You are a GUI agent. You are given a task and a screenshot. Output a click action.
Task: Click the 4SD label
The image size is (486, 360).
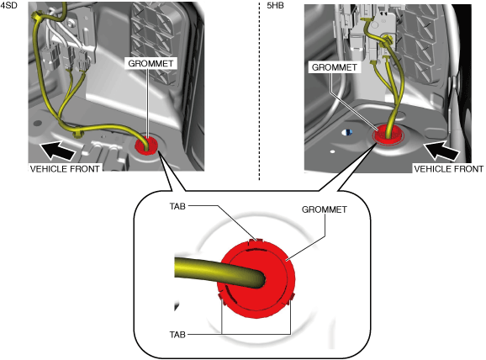click(8, 5)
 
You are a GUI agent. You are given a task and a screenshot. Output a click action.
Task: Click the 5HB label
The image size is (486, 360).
click(275, 6)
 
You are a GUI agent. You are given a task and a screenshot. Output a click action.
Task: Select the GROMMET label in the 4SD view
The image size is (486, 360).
click(151, 63)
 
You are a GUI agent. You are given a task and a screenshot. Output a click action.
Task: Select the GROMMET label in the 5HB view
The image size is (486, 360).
click(334, 67)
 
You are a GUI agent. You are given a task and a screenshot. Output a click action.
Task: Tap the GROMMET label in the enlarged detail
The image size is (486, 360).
click(325, 209)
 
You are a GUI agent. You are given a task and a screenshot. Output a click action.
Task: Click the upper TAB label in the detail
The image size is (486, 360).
click(177, 206)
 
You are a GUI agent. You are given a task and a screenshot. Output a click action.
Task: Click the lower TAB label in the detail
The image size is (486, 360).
click(177, 335)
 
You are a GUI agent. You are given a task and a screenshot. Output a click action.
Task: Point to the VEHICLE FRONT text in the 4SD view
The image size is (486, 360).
click(65, 169)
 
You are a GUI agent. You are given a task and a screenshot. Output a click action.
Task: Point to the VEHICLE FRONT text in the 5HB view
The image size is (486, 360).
click(449, 169)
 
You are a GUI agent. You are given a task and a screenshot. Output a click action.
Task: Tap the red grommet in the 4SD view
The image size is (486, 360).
click(146, 146)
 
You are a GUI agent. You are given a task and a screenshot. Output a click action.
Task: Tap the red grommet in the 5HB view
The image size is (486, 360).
click(388, 135)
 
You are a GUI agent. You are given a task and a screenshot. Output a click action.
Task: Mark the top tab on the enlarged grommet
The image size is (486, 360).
click(256, 241)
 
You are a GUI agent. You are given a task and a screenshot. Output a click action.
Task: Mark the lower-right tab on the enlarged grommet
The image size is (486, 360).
click(292, 298)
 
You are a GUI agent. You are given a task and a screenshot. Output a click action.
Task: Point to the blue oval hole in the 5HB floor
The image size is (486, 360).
click(347, 132)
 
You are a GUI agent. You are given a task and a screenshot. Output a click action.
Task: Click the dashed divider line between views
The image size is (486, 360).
click(260, 90)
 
